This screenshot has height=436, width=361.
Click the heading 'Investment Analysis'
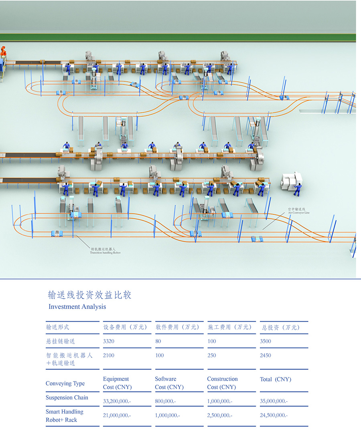pyautogui.click(x=77, y=307)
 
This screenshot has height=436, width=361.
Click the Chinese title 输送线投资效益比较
pyautogui.click(x=90, y=295)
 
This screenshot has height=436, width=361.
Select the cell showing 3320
pyautogui.click(x=110, y=341)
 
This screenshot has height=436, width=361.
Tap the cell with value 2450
pyautogui.click(x=266, y=355)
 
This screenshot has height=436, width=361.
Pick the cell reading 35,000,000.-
pyautogui.click(x=274, y=401)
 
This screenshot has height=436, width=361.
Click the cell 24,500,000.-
pyautogui.click(x=274, y=416)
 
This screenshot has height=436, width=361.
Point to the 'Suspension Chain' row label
pyautogui.click(x=67, y=398)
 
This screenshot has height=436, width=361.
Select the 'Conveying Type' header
pyautogui.click(x=65, y=384)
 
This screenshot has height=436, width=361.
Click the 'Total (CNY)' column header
pyautogui.click(x=276, y=379)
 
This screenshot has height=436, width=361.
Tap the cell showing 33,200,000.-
pyautogui.click(x=117, y=401)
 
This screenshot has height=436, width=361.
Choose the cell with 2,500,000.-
pyautogui.click(x=220, y=416)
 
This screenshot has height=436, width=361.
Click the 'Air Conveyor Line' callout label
pyautogui.click(x=298, y=211)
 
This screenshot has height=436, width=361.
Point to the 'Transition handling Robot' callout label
pyautogui.click(x=105, y=251)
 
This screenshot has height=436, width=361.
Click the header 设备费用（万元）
pyautogui.click(x=126, y=327)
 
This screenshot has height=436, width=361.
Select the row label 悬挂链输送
pyautogui.click(x=61, y=341)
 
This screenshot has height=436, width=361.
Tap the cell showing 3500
pyautogui.click(x=266, y=341)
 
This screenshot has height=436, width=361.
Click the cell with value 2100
pyautogui.click(x=109, y=355)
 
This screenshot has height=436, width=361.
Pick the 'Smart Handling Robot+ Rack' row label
pyautogui.click(x=65, y=416)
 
